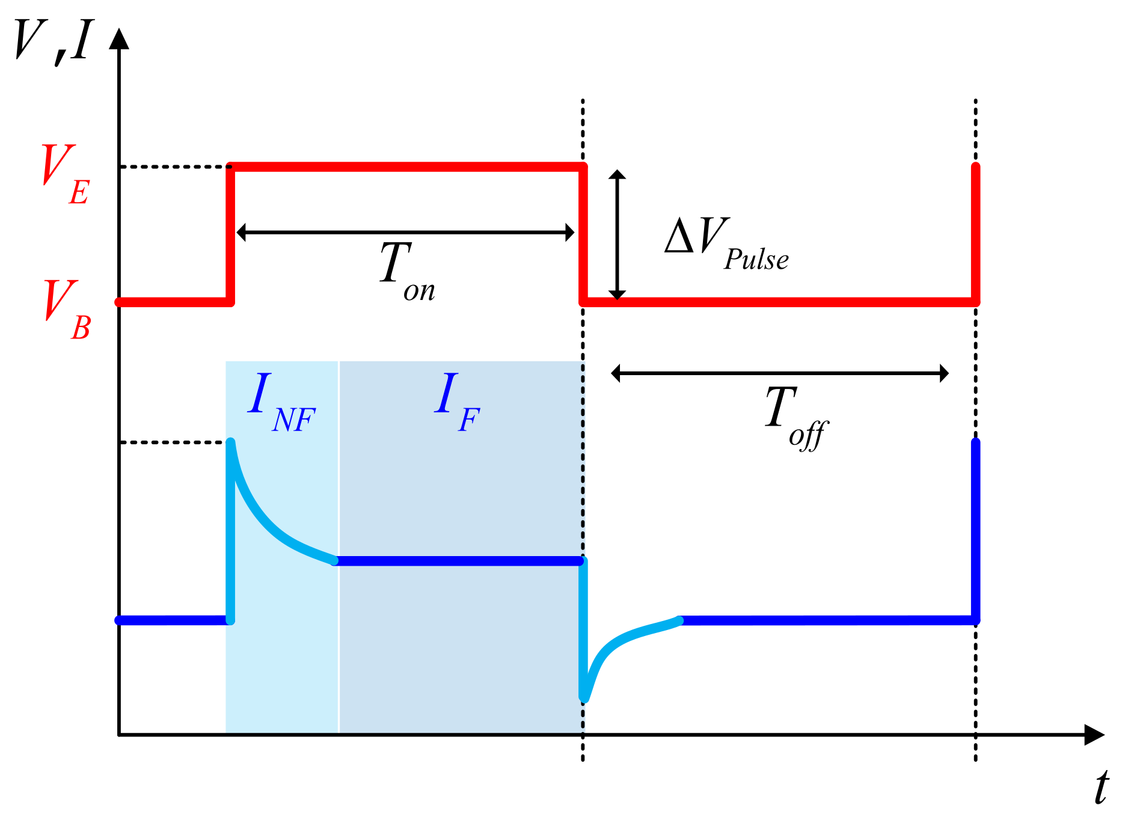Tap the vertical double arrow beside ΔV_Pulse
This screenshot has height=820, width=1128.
617,234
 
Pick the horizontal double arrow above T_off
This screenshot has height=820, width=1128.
780,373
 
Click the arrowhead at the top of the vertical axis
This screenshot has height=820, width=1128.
119,38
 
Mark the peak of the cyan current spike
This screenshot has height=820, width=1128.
230,443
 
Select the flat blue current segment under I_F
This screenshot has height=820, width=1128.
457,561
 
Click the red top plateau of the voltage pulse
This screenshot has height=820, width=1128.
406,167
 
